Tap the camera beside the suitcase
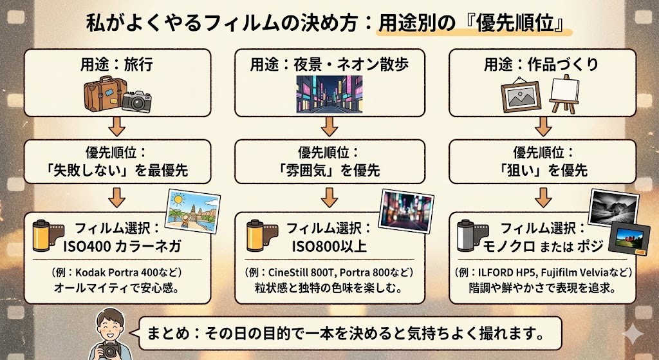pyautogui.click(x=136, y=99)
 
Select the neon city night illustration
pyautogui.click(x=329, y=93)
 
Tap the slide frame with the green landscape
pyautogui.click(x=629, y=241)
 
